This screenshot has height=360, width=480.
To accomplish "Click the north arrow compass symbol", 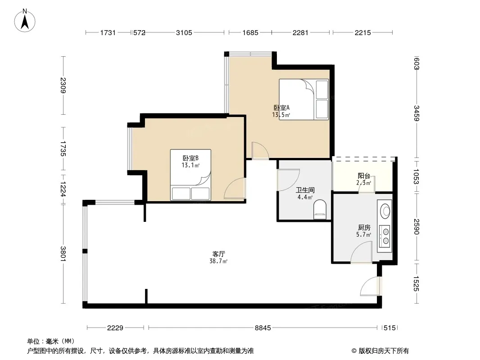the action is [25, 21].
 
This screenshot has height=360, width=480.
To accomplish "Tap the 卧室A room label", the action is [281, 108].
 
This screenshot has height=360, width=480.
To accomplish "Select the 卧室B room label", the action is [190, 158].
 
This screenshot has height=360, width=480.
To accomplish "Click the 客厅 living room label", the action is [218, 254].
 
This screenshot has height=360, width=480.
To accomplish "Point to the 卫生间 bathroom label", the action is [305, 190].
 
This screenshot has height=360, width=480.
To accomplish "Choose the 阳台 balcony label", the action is [364, 176].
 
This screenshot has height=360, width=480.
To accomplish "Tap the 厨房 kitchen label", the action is [364, 228].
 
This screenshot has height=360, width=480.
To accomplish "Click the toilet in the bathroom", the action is [320, 210].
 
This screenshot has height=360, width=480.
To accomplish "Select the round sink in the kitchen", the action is [385, 211].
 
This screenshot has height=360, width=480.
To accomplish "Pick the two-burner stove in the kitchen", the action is [385, 236].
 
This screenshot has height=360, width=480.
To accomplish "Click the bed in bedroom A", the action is [303, 99].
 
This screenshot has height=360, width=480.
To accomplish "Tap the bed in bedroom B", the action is [190, 175].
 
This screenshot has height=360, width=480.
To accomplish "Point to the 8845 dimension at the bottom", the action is [263, 328].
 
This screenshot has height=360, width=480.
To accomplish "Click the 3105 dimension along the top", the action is [184, 32].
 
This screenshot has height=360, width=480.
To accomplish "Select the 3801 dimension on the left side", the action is [63, 254].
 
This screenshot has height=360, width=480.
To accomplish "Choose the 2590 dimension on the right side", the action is [417, 226].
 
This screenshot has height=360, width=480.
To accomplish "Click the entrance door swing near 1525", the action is [370, 286].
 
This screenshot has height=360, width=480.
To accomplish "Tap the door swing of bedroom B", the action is [235, 189].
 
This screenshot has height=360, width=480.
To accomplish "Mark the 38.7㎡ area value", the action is [218, 261].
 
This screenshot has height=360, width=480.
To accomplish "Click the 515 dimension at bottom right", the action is [389, 328].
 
